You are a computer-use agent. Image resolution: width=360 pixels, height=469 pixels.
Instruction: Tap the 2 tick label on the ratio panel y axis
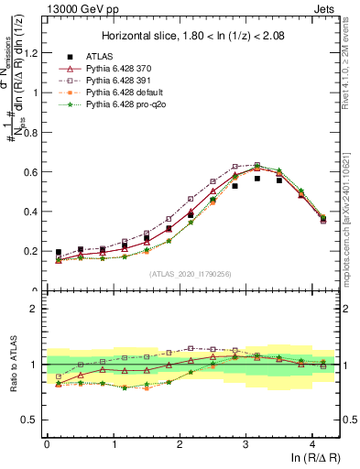pos(36,309)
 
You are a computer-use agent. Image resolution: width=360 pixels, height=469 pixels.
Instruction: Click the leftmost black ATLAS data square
pos(59,252)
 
